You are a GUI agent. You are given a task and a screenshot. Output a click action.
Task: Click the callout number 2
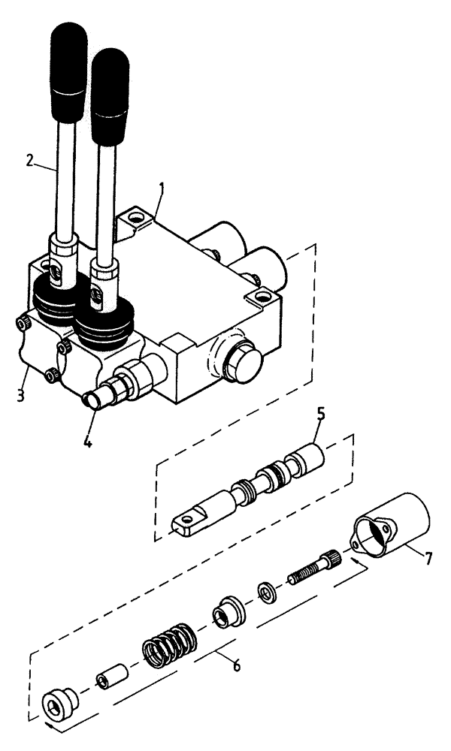[x=29, y=159]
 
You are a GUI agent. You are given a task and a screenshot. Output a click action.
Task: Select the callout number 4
[x=88, y=442]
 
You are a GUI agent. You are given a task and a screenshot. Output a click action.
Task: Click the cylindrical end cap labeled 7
[x=392, y=529]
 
